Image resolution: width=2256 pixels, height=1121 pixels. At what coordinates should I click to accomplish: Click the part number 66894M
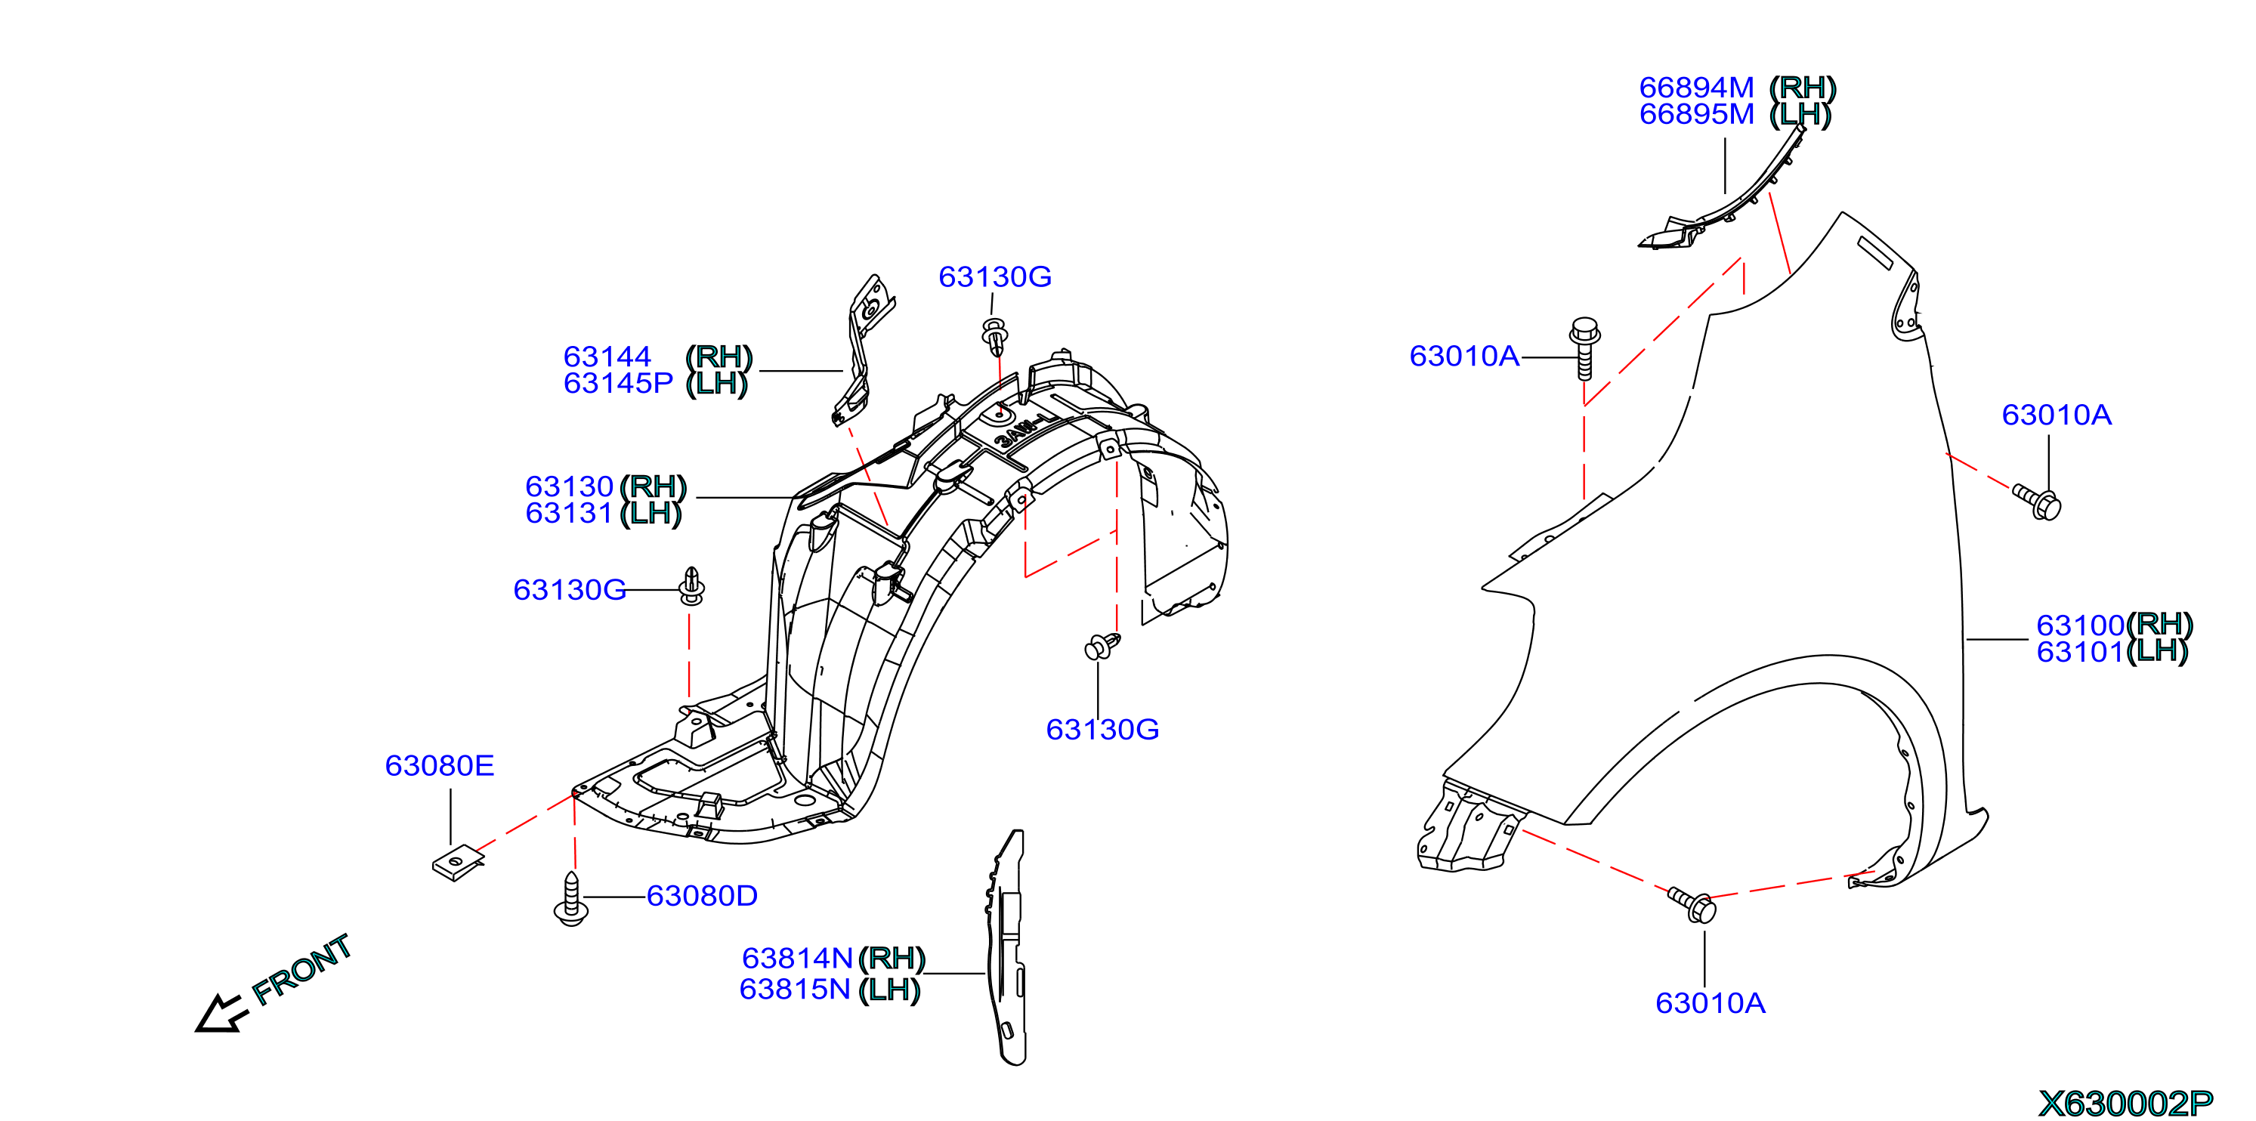point(1696,88)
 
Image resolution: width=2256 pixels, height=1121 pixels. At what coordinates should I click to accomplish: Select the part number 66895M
point(1696,115)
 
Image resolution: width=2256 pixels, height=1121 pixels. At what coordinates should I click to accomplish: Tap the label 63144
point(607,357)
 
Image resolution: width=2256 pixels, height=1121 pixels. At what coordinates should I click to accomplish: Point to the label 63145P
point(617,384)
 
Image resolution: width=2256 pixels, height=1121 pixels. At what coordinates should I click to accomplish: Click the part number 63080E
point(440,766)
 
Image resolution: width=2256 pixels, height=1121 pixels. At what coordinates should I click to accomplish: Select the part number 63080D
point(701,896)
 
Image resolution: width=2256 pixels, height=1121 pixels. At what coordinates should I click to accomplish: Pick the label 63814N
point(797,958)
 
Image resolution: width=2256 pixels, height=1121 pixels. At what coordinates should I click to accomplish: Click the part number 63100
point(2080,625)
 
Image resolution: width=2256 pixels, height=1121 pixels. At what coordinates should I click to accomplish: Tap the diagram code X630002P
point(2125,1104)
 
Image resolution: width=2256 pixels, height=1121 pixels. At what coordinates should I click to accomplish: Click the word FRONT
point(301,968)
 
